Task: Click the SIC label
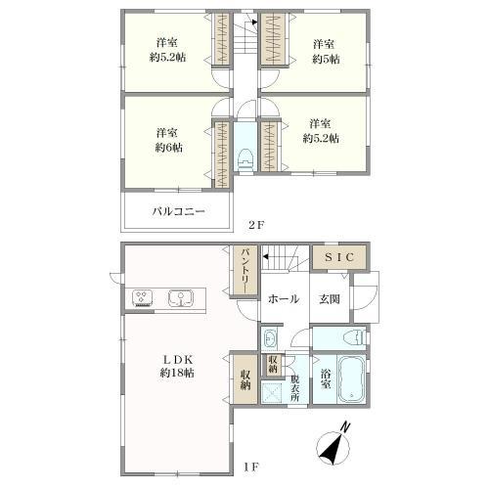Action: (340, 257)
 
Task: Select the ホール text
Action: (284, 300)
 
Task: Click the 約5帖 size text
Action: (324, 58)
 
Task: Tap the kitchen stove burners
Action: (141, 297)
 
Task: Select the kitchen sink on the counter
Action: (179, 297)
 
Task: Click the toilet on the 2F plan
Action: (245, 156)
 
